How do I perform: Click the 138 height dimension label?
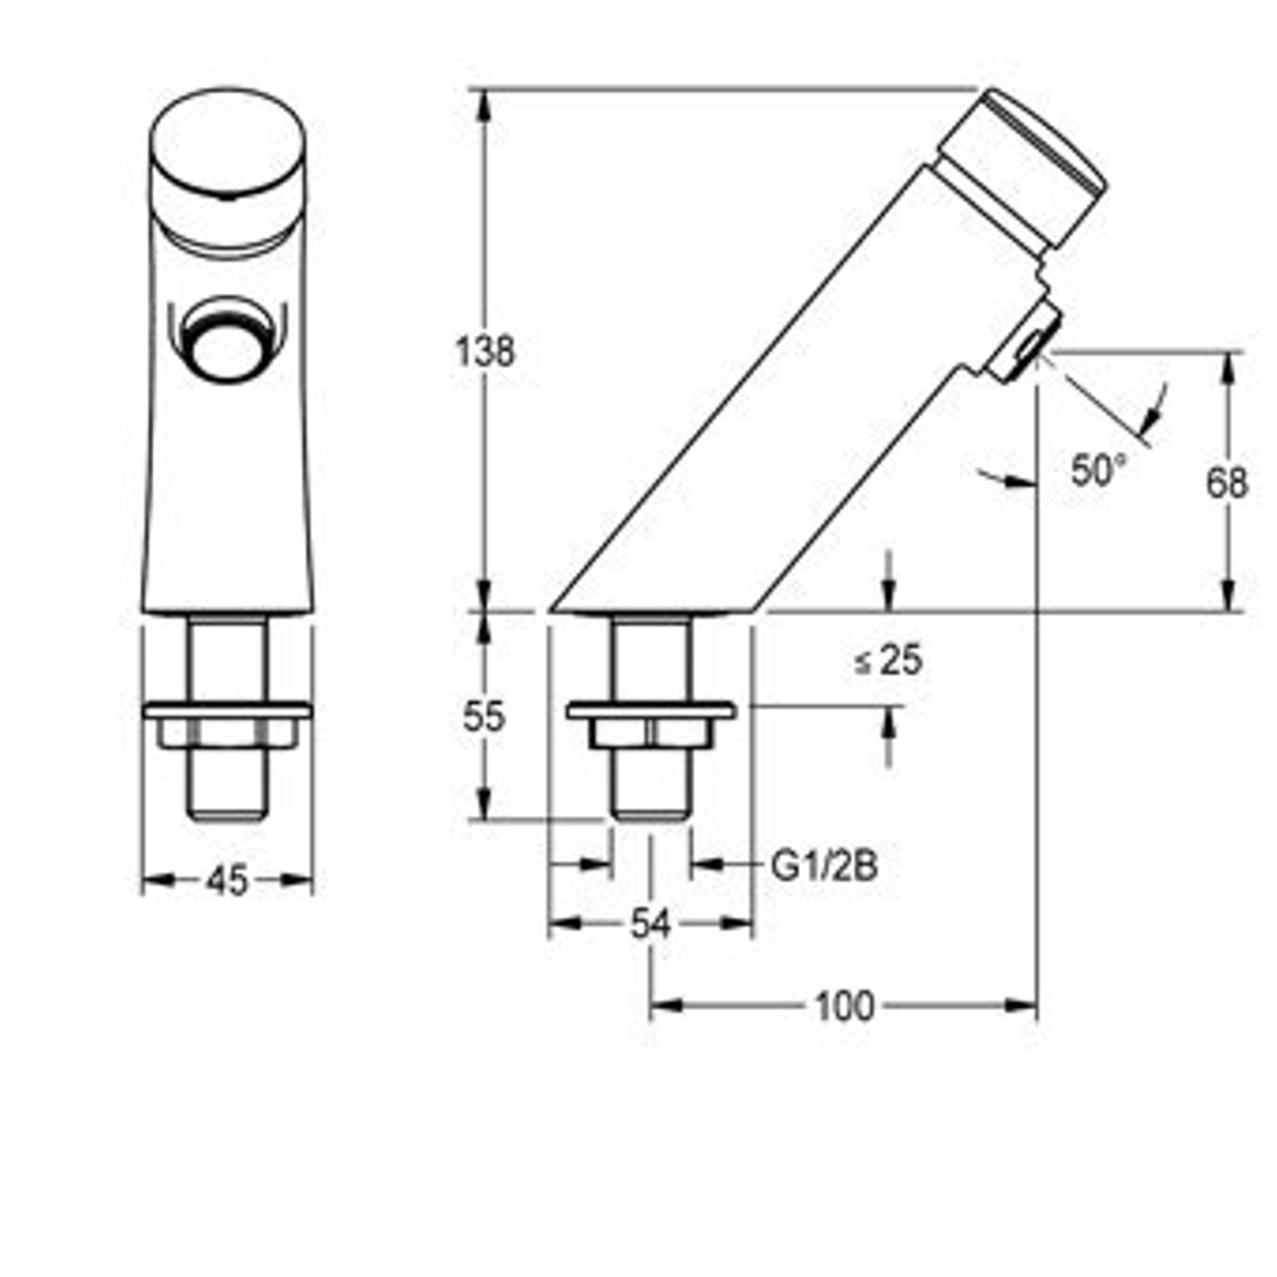pyautogui.click(x=485, y=352)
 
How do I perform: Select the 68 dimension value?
pyautogui.click(x=1227, y=483)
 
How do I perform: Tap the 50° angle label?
pyautogui.click(x=1097, y=470)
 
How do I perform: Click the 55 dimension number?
pyautogui.click(x=484, y=717)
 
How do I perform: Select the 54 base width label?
pyautogui.click(x=651, y=924)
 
